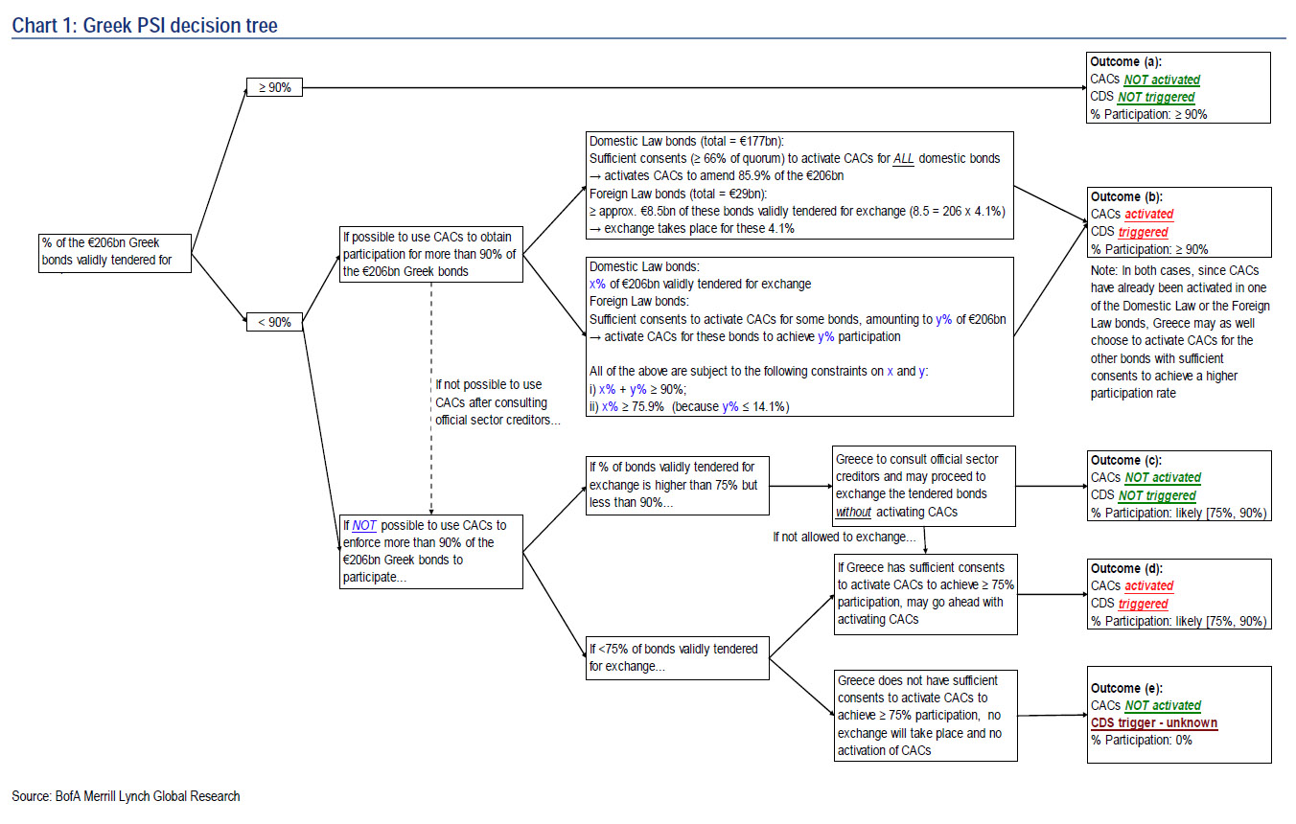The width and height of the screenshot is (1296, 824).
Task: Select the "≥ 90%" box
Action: pyautogui.click(x=274, y=87)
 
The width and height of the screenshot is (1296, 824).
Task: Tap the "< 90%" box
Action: pyautogui.click(x=274, y=322)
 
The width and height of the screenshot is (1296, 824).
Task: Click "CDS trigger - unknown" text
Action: pyautogui.click(x=1154, y=722)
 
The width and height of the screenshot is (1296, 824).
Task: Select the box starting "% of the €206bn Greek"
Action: pyautogui.click(x=115, y=252)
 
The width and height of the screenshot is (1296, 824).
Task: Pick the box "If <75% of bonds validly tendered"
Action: pyautogui.click(x=677, y=657)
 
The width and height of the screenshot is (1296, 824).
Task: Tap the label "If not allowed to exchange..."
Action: pyautogui.click(x=845, y=537)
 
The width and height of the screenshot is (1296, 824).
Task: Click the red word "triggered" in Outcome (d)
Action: pyautogui.click(x=1143, y=604)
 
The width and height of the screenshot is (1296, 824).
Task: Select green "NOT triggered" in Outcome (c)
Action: pyautogui.click(x=1157, y=495)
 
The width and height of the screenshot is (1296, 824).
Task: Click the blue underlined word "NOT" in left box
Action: pyautogui.click(x=364, y=525)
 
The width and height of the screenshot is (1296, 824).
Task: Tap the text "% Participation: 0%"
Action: pyautogui.click(x=1142, y=740)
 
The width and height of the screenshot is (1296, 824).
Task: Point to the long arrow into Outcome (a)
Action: pyautogui.click(x=690, y=87)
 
